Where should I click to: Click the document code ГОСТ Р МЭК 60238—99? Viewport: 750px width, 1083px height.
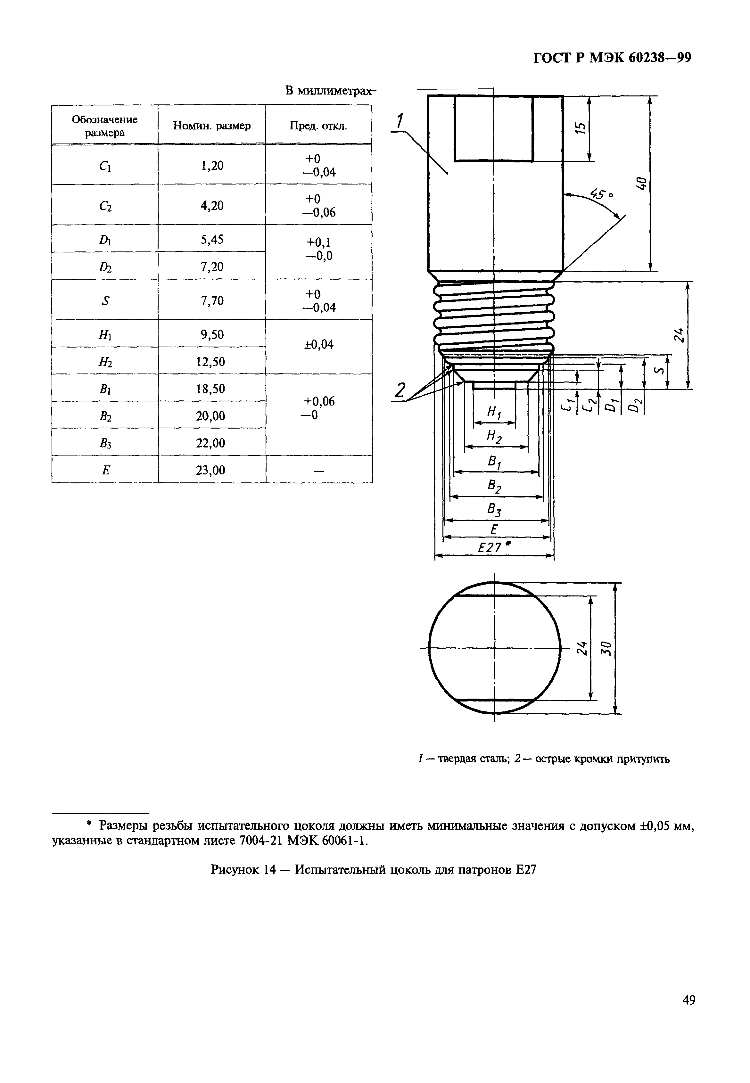(x=612, y=58)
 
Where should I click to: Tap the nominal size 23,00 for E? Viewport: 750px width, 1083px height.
(x=211, y=470)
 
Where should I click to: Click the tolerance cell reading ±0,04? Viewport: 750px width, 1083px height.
(x=318, y=345)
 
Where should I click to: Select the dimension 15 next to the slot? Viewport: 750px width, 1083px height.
(x=581, y=128)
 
